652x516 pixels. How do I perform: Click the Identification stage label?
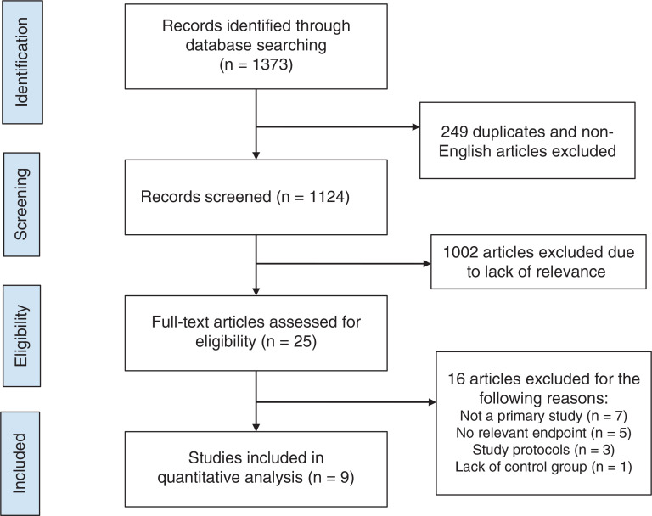[x=22, y=62]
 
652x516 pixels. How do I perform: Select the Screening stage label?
[x=21, y=205]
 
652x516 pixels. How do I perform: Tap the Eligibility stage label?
[x=21, y=336]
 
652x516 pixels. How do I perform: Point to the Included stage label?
[x=20, y=463]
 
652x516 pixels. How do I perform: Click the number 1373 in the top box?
[x=270, y=64]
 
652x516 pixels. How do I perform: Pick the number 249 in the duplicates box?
[x=454, y=132]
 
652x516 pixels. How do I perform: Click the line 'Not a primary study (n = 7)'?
[x=543, y=416]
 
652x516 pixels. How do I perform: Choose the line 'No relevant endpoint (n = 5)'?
[x=543, y=433]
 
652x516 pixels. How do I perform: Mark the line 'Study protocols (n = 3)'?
[x=543, y=450]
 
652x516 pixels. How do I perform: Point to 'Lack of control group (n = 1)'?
[x=543, y=467]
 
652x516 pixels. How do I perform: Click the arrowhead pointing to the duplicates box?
[x=416, y=126]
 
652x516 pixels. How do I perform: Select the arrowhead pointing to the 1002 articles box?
[x=427, y=264]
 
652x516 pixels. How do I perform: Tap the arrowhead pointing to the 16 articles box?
[x=432, y=402]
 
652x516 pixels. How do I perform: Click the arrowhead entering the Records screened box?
[x=256, y=156]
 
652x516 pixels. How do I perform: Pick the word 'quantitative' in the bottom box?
[x=230, y=477]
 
